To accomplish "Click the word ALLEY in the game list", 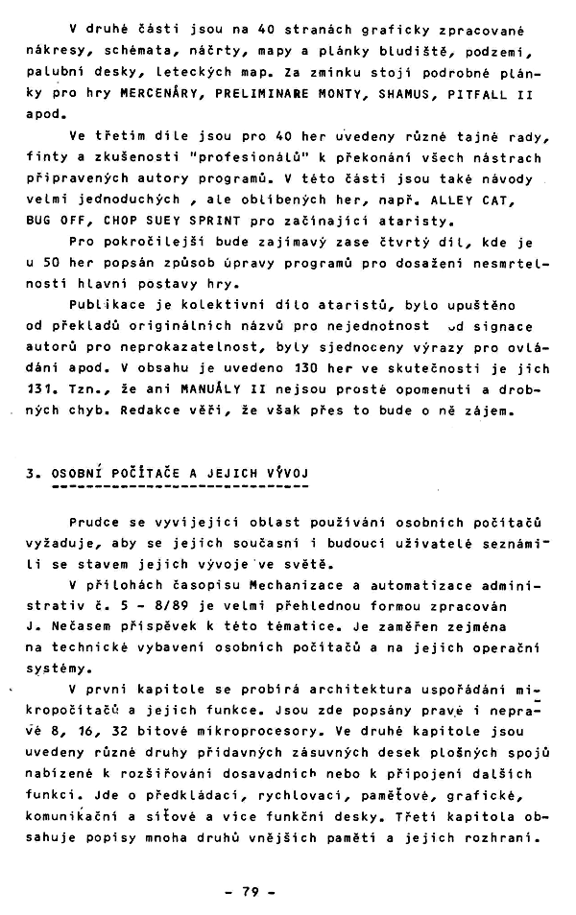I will [x=465, y=202].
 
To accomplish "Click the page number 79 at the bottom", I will [x=252, y=891].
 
